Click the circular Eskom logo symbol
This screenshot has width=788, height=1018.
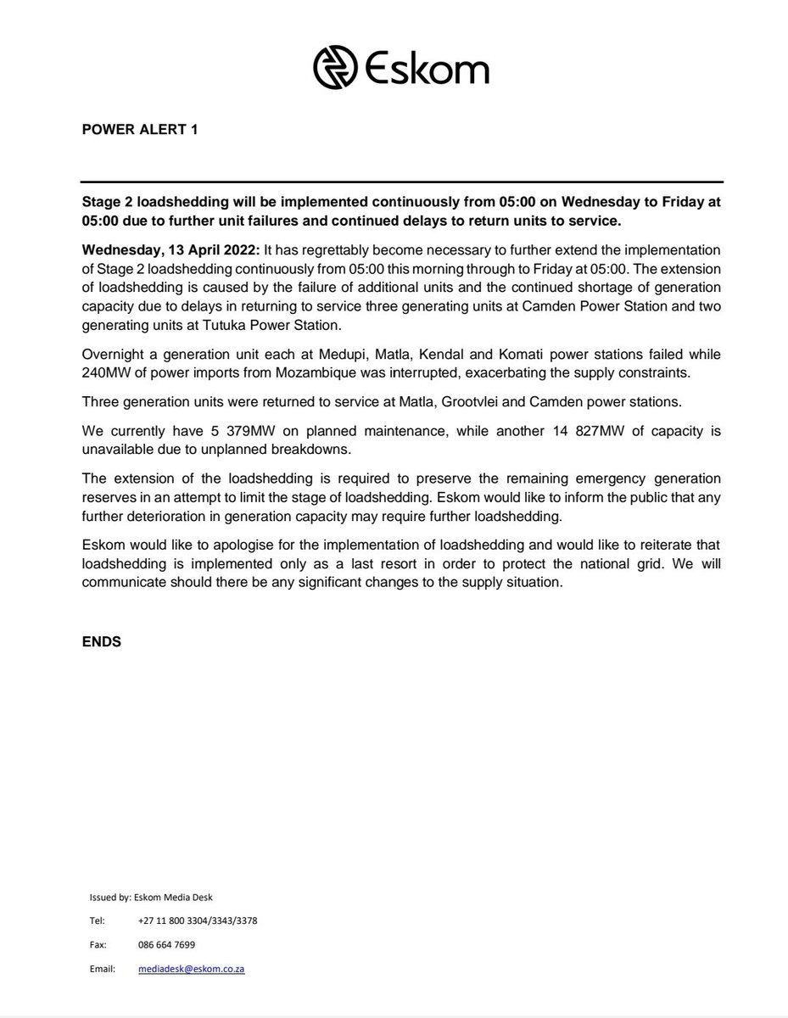336,67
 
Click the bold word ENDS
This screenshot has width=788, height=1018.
101,642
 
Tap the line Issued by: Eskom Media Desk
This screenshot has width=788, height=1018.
142,897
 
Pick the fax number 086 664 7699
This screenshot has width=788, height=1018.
166,944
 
